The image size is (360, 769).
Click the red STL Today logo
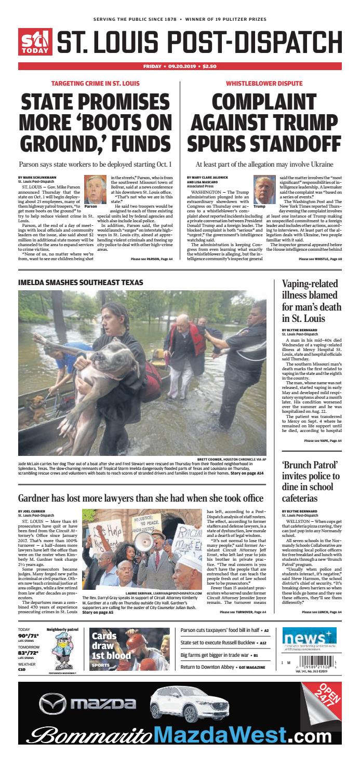pos(35,41)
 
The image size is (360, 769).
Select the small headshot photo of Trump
pos(264,190)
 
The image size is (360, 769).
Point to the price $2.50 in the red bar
pos(209,66)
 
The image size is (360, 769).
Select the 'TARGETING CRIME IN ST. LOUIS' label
pos(95,83)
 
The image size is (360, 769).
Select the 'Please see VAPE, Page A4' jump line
pos(323,441)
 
